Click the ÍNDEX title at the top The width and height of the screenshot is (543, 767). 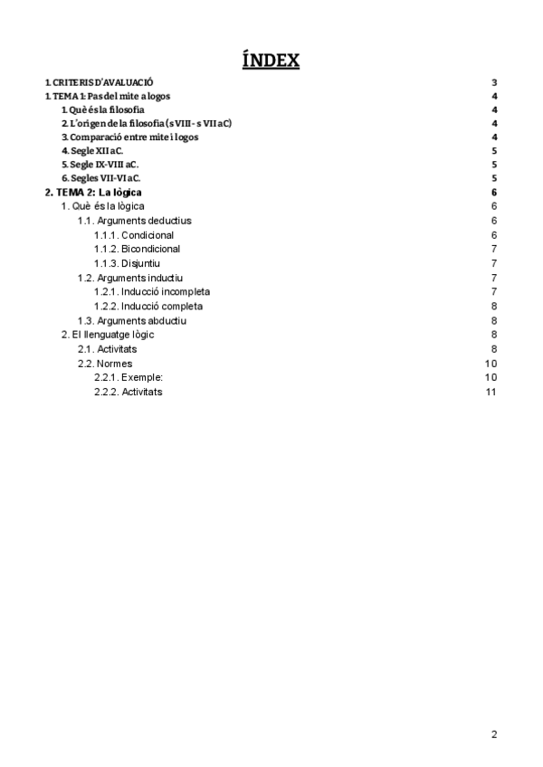tap(271, 62)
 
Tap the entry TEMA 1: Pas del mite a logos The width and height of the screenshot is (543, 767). tap(108, 96)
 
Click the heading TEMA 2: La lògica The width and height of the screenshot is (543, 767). tap(93, 193)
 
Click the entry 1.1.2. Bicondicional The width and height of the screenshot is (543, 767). tap(137, 249)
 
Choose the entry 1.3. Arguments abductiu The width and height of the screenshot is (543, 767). tap(132, 320)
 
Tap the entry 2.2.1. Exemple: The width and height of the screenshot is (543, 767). tap(129, 377)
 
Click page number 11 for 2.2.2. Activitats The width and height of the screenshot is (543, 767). tap(491, 392)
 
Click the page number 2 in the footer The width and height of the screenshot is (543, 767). tap(494, 734)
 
